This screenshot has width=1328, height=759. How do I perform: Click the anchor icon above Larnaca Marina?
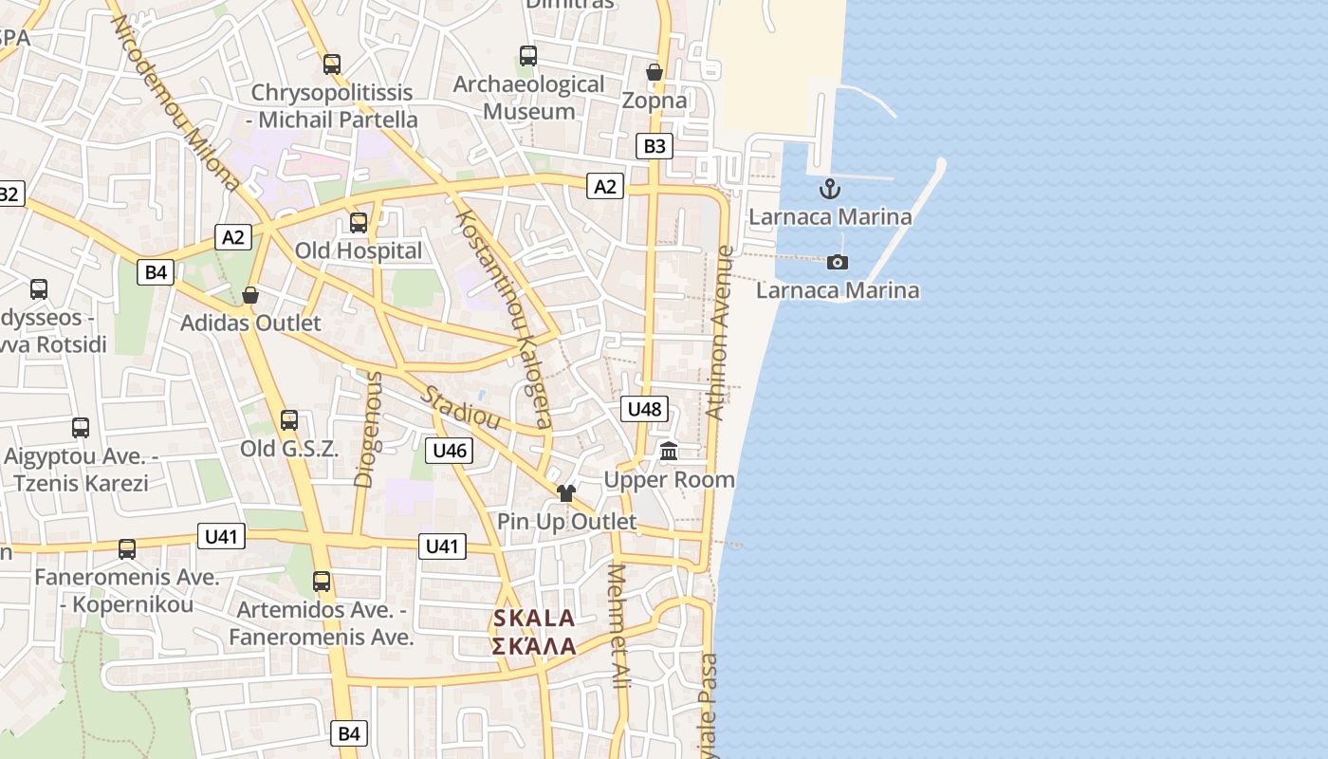click(830, 189)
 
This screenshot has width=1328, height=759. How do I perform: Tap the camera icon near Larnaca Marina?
click(837, 262)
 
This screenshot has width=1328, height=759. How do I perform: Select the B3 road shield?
click(655, 146)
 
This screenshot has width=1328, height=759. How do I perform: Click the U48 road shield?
click(644, 409)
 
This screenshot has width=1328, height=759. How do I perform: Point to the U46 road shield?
click(449, 450)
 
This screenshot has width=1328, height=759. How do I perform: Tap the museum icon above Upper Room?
click(669, 452)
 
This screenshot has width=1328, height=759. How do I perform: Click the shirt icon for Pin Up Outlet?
click(566, 493)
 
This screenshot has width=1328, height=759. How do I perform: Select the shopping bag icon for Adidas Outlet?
click(250, 295)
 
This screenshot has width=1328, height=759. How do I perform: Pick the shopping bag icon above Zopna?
click(654, 72)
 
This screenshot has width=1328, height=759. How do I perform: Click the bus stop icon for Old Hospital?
click(359, 223)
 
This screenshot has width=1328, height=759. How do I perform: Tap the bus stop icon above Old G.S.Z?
click(289, 419)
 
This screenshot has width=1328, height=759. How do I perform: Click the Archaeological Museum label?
click(528, 98)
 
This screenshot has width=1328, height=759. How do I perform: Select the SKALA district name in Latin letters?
click(534, 619)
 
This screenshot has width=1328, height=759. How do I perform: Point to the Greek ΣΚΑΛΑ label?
click(534, 646)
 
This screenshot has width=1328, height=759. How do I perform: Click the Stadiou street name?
click(461, 407)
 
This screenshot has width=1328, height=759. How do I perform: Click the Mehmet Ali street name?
click(619, 626)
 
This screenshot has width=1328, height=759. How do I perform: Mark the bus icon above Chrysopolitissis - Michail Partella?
click(331, 65)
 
